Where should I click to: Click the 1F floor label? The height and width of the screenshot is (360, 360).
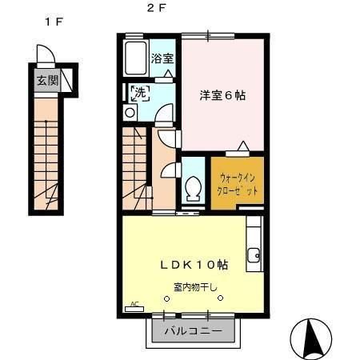[54, 22]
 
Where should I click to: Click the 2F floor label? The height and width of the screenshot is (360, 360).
[156, 10]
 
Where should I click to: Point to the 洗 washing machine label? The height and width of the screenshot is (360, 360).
[139, 93]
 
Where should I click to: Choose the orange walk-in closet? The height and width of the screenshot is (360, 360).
[237, 184]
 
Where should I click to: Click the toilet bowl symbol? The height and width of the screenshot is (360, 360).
[193, 189]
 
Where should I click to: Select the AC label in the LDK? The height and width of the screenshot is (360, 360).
[134, 303]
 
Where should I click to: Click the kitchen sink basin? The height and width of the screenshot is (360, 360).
[254, 257]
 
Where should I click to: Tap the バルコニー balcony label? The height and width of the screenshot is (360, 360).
[190, 330]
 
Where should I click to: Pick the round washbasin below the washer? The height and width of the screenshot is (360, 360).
[130, 113]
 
